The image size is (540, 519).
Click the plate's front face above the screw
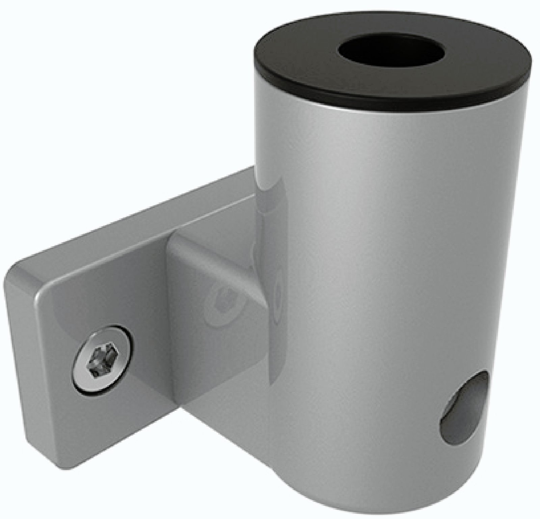101,297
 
